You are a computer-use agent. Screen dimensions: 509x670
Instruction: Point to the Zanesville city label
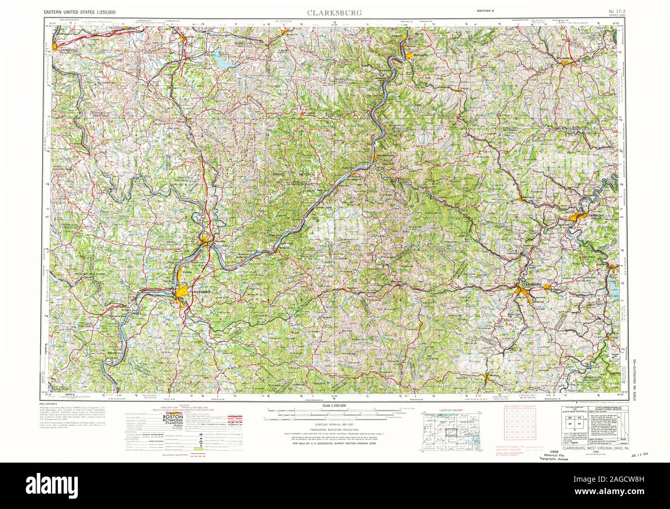click(72, 50)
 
